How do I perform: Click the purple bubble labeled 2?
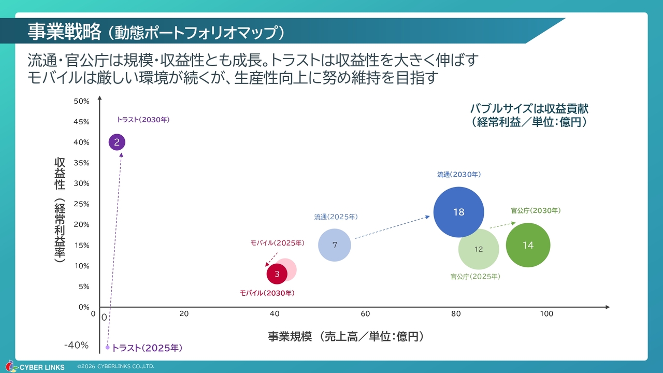coord(117,142)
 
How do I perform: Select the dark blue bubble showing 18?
coord(458,212)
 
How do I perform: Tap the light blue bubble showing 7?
coord(335,245)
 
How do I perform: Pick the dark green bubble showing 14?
coord(528,245)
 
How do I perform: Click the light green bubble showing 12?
coord(479,249)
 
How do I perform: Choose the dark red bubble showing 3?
coord(277,274)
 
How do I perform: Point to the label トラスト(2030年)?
coord(143,120)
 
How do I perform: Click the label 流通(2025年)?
coord(336,217)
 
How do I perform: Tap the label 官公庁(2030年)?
coord(536,211)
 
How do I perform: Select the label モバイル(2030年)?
coord(267,293)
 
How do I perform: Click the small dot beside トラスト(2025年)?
coord(108,348)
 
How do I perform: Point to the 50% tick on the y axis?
coord(81,101)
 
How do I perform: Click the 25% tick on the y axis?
coord(81,204)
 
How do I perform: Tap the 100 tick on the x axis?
coord(546,313)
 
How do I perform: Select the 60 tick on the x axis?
coord(365,313)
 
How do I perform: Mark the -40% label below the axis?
coord(76,346)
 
